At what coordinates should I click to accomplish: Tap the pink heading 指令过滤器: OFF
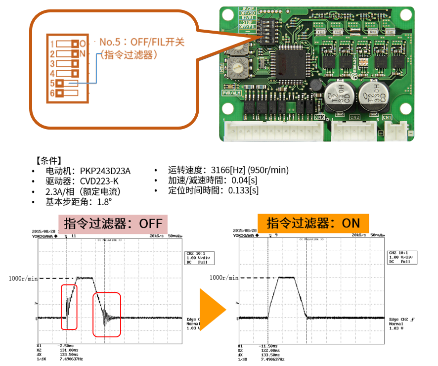(112, 223)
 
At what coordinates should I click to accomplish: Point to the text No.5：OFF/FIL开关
(142, 42)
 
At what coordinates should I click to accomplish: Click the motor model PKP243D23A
(106, 171)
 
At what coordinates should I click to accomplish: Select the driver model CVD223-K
(99, 181)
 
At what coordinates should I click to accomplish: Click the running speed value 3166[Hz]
(229, 170)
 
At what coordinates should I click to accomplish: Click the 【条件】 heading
(48, 161)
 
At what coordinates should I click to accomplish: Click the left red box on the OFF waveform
(69, 307)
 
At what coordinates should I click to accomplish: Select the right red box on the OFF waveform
(107, 315)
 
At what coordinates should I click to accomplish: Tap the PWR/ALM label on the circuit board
(231, 93)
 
